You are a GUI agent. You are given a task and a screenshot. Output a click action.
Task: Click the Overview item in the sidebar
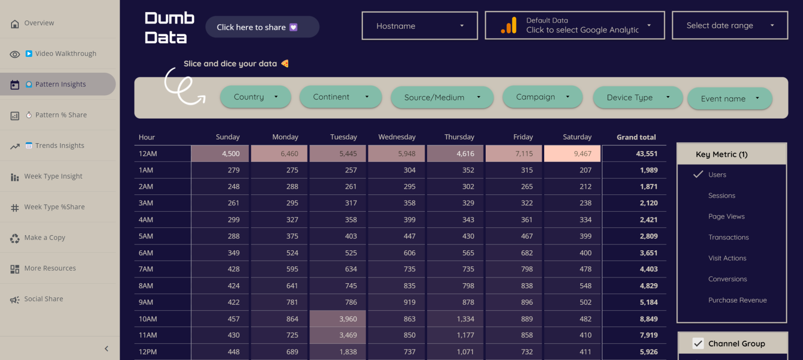(x=39, y=23)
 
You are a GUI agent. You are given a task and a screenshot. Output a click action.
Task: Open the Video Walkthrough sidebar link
(x=60, y=54)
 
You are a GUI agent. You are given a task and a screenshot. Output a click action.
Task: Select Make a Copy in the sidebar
(x=44, y=238)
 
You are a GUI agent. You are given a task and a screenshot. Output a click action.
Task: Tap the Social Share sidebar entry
(x=43, y=299)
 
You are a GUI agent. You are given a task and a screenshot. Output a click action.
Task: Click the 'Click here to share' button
(x=262, y=27)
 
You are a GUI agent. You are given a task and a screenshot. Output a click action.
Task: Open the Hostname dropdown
(x=419, y=26)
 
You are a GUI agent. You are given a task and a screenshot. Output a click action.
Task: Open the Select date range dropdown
(x=729, y=26)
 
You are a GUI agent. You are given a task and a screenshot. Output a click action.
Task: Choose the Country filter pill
(x=255, y=97)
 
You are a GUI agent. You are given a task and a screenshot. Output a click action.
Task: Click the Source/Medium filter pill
(x=442, y=98)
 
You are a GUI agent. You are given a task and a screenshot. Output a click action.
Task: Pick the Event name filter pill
(x=729, y=99)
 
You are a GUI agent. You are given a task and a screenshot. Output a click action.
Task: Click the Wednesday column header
(x=397, y=137)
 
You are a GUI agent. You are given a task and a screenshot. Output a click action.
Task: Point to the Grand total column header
(x=636, y=137)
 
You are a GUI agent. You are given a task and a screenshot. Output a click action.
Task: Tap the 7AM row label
(x=146, y=269)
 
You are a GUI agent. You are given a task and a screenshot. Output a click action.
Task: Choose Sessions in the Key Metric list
(x=721, y=195)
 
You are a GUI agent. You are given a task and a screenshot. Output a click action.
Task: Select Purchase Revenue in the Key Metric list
(x=737, y=300)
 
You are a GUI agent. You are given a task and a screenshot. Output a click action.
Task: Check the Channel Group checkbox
(x=697, y=343)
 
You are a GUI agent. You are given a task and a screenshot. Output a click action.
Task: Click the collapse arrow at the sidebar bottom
(x=106, y=349)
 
